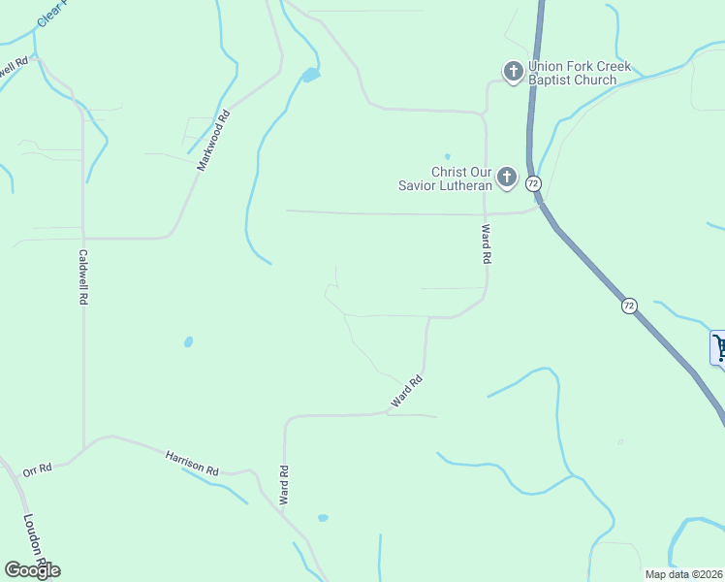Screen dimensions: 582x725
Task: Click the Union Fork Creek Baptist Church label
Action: tap(580, 73)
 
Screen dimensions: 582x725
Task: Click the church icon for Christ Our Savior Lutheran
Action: tap(506, 177)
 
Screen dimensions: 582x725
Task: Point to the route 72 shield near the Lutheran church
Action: tap(533, 182)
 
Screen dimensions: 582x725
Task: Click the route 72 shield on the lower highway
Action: tap(630, 306)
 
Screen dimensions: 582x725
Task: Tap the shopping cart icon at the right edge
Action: tap(719, 347)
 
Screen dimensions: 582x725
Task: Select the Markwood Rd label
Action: tap(214, 142)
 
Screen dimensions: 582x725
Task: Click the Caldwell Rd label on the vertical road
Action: tap(83, 277)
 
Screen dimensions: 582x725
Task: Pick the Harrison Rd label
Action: tap(191, 462)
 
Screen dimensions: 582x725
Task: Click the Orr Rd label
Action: tap(37, 470)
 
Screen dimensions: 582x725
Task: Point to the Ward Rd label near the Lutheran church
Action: tap(486, 244)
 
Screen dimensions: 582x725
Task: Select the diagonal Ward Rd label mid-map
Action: tap(406, 391)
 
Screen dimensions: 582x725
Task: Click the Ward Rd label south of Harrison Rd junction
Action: tap(285, 486)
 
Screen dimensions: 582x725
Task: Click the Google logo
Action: tap(32, 570)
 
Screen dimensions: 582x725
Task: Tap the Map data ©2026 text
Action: tap(683, 574)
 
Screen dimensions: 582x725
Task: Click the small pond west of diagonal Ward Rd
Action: tap(188, 341)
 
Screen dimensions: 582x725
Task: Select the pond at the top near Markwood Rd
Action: tap(310, 75)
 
